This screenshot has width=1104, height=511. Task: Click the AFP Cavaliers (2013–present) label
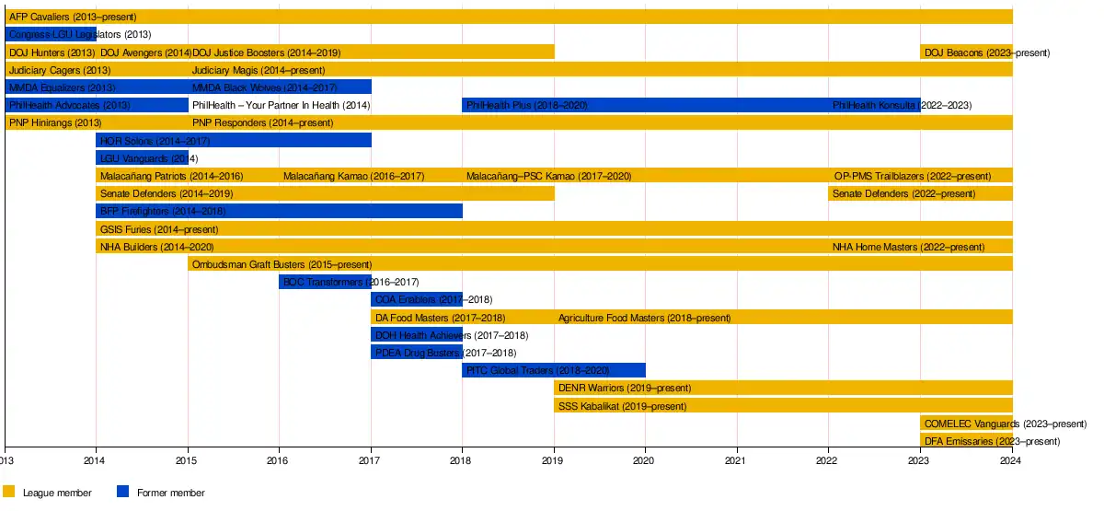coord(73,17)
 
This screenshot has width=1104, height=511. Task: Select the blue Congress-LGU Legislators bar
coord(51,35)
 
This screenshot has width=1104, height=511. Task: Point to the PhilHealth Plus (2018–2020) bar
coord(553,105)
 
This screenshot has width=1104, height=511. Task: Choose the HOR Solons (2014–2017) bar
coord(234,140)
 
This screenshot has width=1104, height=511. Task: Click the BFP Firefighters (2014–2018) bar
coord(279,211)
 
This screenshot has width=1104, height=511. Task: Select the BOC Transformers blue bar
coord(325,282)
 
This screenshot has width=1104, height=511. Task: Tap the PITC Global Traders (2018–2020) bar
coord(553,370)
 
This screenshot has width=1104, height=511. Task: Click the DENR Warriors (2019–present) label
coord(625,388)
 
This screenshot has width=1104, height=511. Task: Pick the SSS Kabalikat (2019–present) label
coord(622,405)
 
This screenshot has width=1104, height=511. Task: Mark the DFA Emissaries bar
coord(966,441)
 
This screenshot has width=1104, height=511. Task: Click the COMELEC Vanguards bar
coord(966,424)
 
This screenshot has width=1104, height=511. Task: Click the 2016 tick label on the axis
coord(279,460)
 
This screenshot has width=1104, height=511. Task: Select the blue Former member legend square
coord(123,492)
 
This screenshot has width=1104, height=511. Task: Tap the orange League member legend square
coord(9,492)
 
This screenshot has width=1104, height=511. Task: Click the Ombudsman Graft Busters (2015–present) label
coord(282,264)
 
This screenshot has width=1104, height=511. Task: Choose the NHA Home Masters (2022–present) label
coord(908,247)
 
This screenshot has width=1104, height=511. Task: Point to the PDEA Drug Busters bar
coord(416,353)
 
